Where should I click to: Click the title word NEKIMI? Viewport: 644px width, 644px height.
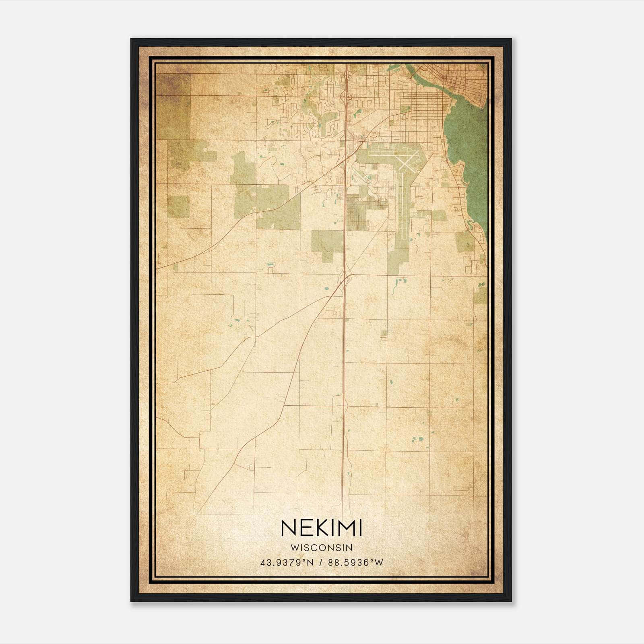coord(321,528)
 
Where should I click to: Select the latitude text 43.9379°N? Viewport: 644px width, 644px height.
coord(287,562)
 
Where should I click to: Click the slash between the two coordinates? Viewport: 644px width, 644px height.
coord(321,562)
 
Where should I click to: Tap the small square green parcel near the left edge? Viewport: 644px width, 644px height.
coord(178,206)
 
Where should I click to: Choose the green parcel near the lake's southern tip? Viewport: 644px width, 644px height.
coord(465,242)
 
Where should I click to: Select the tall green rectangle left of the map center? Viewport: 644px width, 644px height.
coord(244,169)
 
